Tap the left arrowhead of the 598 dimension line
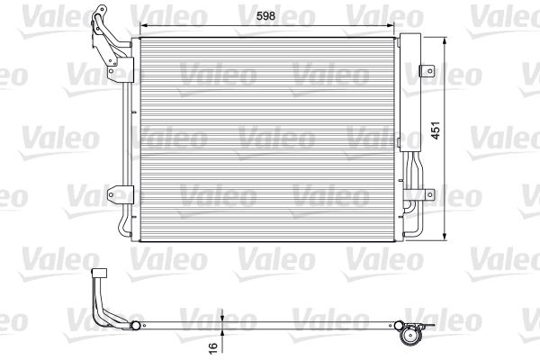135,26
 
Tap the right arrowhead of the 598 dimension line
392,26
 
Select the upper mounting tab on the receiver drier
428,73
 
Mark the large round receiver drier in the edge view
412,335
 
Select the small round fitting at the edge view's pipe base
136,326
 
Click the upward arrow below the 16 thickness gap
220,335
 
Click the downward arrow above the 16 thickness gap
220,316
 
